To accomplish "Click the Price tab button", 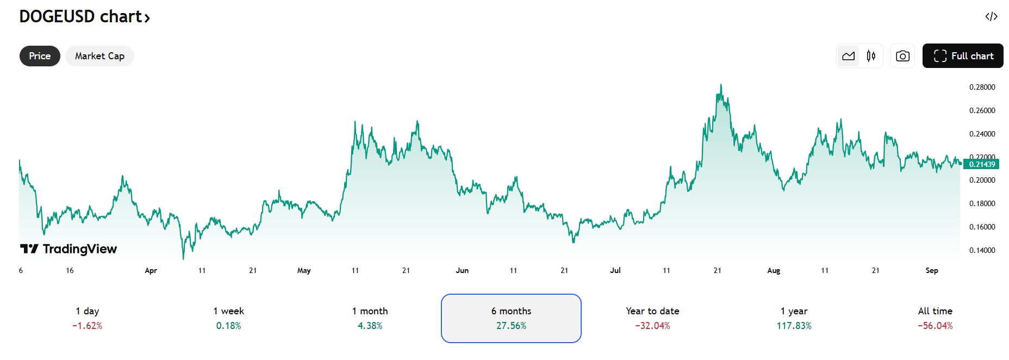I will pyautogui.click(x=40, y=56).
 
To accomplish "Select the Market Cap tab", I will pyautogui.click(x=99, y=56).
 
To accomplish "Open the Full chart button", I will pyautogui.click(x=963, y=56).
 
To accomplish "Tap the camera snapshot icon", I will pyautogui.click(x=902, y=56).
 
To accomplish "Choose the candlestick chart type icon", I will pyautogui.click(x=871, y=56).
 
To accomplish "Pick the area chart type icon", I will pyautogui.click(x=848, y=56).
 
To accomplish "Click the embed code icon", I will pyautogui.click(x=991, y=16).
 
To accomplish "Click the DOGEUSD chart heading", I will pyautogui.click(x=84, y=17).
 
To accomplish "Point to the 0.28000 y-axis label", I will pyautogui.click(x=982, y=87).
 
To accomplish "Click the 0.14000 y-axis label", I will pyautogui.click(x=982, y=250).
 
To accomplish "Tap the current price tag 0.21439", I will pyautogui.click(x=982, y=164).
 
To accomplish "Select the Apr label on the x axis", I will pyautogui.click(x=151, y=270).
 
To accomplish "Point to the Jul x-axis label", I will pyautogui.click(x=615, y=270).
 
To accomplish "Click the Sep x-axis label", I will pyautogui.click(x=931, y=270).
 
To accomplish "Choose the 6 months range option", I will pyautogui.click(x=511, y=318).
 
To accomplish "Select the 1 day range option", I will pyautogui.click(x=87, y=318).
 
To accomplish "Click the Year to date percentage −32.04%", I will pyautogui.click(x=652, y=326).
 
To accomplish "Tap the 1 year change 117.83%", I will pyautogui.click(x=794, y=326).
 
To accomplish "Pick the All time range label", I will pyautogui.click(x=935, y=311).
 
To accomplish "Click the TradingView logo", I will pyautogui.click(x=68, y=249).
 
